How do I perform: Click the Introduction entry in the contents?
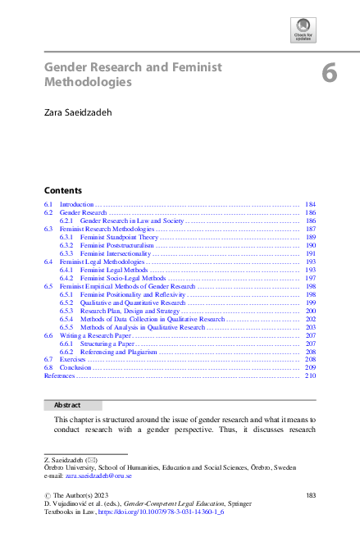click(77, 203)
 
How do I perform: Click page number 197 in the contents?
click(310, 278)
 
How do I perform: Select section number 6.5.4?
click(67, 319)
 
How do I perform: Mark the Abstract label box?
click(72, 405)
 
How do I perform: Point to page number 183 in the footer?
click(310, 495)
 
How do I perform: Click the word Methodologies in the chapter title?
click(88, 83)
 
